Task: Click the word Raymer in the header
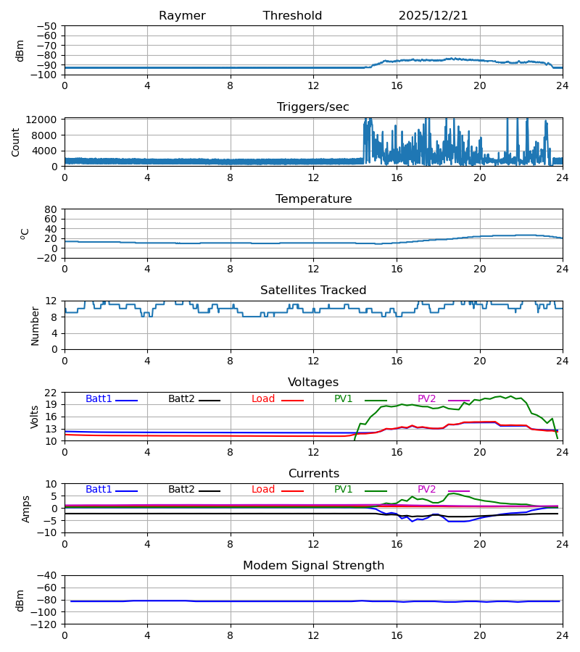click(182, 16)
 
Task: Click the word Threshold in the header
click(292, 16)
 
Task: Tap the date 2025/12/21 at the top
click(433, 16)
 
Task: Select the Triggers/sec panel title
click(312, 107)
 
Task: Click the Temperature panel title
click(313, 199)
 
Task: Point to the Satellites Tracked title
click(313, 291)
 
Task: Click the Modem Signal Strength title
click(313, 566)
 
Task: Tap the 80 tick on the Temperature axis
click(51, 209)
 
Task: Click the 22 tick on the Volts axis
click(51, 393)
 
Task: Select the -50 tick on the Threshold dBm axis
click(46, 26)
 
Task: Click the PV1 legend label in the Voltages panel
click(343, 399)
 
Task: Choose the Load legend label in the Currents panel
click(262, 490)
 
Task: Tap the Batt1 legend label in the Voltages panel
click(99, 399)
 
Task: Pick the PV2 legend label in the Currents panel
click(426, 490)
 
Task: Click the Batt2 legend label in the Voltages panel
click(181, 399)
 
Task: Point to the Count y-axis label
click(16, 142)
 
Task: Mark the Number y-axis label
click(35, 325)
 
